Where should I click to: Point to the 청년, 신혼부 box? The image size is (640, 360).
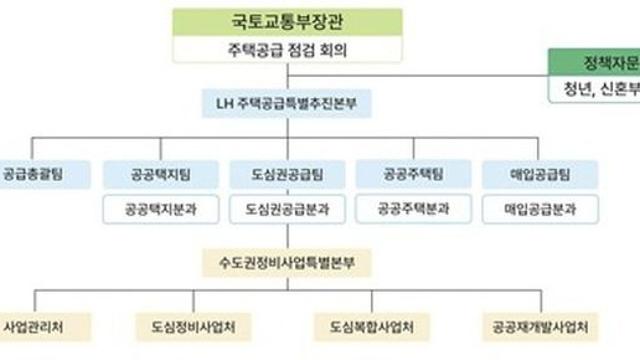[597, 90]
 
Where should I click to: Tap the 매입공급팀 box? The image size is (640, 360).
[540, 173]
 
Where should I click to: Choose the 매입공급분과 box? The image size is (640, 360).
[540, 210]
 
